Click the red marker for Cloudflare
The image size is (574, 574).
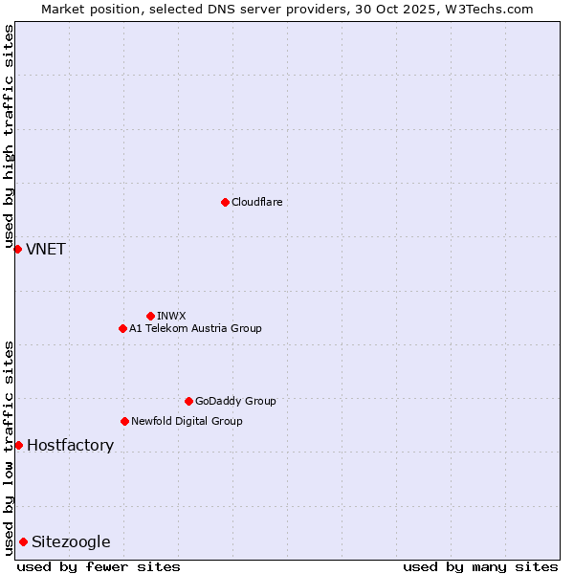pyautogui.click(x=225, y=202)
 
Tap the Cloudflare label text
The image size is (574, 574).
pyautogui.click(x=256, y=202)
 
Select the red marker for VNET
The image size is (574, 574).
pyautogui.click(x=17, y=249)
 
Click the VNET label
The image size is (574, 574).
pyautogui.click(x=45, y=250)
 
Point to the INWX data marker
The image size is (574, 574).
pyautogui.click(x=150, y=316)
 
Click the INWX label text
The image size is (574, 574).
pyautogui.click(x=171, y=316)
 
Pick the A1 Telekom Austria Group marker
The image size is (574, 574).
pyautogui.click(x=122, y=328)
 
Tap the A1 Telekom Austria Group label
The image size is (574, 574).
pyautogui.click(x=195, y=328)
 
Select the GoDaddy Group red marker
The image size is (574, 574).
pyautogui.click(x=188, y=401)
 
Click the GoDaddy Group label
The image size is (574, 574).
pyautogui.click(x=234, y=401)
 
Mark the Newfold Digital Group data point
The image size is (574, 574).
pyautogui.click(x=124, y=421)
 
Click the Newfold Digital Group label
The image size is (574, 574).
pyautogui.click(x=187, y=421)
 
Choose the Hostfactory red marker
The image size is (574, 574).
pyautogui.click(x=18, y=445)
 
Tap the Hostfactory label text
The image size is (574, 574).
pyautogui.click(x=70, y=446)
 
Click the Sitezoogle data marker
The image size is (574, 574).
pyautogui.click(x=23, y=541)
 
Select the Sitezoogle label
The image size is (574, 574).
pyautogui.click(x=71, y=542)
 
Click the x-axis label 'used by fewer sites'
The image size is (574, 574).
pyautogui.click(x=99, y=566)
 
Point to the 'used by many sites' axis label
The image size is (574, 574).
pyautogui.click(x=480, y=566)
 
